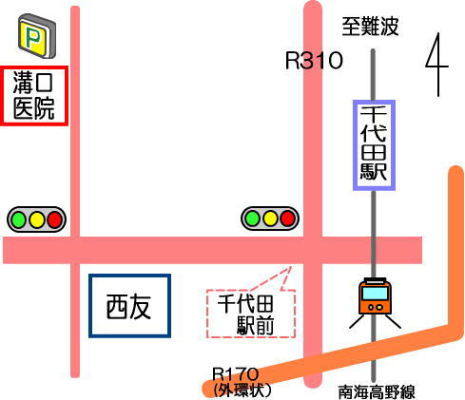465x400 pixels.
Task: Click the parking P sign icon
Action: click(37, 36)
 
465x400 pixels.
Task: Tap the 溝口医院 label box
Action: click(34, 96)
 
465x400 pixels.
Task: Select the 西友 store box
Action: click(129, 306)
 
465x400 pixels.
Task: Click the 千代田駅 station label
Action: click(374, 145)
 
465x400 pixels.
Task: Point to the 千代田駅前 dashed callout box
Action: click(250, 313)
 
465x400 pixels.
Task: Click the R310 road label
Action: click(314, 60)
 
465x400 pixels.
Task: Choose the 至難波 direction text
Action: click(370, 27)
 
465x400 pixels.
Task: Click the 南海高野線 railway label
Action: click(377, 392)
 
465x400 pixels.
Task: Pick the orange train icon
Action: click(375, 302)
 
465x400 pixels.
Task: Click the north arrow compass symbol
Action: click(437, 65)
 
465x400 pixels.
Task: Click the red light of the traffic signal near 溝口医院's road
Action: click(54, 219)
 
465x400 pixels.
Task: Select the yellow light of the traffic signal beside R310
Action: click(270, 219)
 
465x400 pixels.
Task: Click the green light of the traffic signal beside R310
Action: click(252, 219)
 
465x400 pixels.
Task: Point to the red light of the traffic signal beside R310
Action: click(288, 219)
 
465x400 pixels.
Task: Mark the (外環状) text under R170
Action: click(242, 390)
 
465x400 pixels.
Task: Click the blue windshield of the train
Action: click(375, 294)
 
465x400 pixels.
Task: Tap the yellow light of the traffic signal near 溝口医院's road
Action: click(36, 219)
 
